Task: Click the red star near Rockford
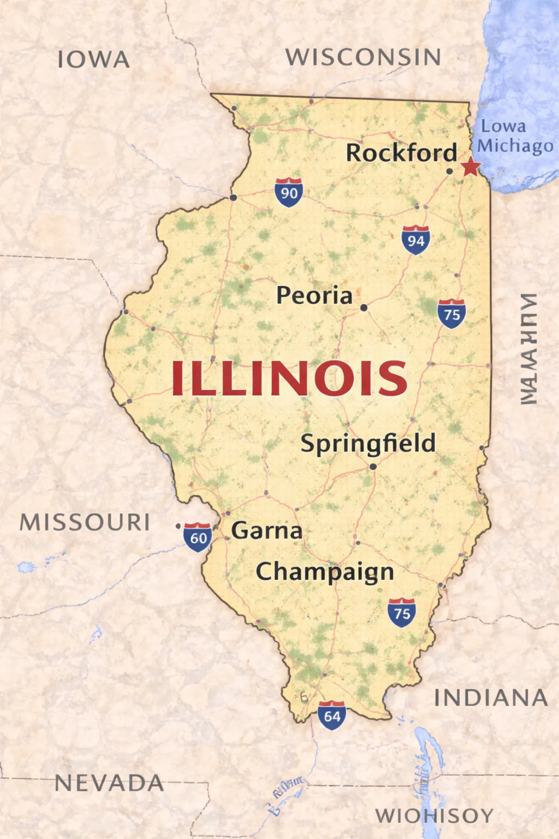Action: pyautogui.click(x=470, y=166)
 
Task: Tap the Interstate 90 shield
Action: pyautogui.click(x=289, y=192)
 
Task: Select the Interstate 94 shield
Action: pyautogui.click(x=415, y=240)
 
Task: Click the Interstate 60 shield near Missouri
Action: pyautogui.click(x=198, y=537)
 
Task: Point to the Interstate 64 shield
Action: pyautogui.click(x=332, y=715)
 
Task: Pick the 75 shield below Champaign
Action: pyautogui.click(x=402, y=613)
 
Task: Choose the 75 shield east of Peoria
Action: pyautogui.click(x=451, y=314)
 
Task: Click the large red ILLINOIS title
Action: pyautogui.click(x=289, y=378)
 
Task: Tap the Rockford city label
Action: pyautogui.click(x=402, y=153)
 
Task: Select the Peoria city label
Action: pyautogui.click(x=314, y=296)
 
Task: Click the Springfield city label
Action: pyautogui.click(x=368, y=444)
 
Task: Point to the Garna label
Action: pyautogui.click(x=266, y=530)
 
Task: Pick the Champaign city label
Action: pyautogui.click(x=325, y=572)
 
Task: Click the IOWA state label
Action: pyautogui.click(x=94, y=60)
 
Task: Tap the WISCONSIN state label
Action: pyautogui.click(x=364, y=57)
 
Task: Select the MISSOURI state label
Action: pyautogui.click(x=85, y=522)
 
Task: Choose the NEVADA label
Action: pyautogui.click(x=110, y=783)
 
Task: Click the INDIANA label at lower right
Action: pyautogui.click(x=491, y=698)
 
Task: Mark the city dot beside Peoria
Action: pyautogui.click(x=364, y=308)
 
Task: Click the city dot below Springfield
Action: pyautogui.click(x=373, y=466)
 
